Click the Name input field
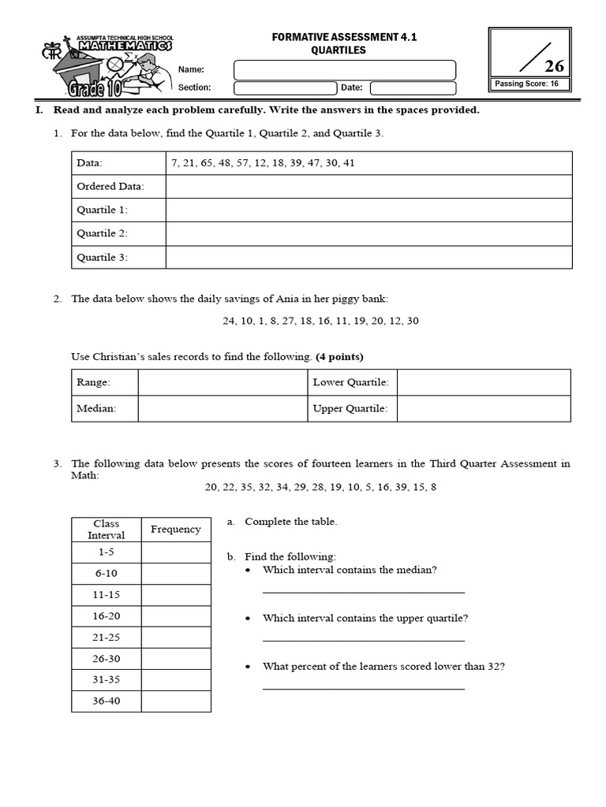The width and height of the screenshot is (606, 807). pos(345,70)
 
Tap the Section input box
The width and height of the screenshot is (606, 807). pos(285,88)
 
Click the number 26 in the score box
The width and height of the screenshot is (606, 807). pos(554,66)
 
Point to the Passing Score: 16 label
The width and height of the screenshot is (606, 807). pos(526,84)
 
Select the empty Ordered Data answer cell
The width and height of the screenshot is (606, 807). pos(368,187)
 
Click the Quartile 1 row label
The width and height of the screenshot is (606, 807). pos(102,210)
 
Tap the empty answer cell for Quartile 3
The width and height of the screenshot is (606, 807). pos(368,257)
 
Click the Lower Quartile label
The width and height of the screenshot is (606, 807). pos(350,382)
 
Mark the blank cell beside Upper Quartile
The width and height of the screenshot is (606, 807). pos(483,408)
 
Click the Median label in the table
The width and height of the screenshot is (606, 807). pos(96,408)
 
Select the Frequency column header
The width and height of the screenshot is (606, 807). pos(176,530)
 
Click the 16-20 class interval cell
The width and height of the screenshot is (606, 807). pos(107,616)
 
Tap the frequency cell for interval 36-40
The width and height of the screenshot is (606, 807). pos(176,701)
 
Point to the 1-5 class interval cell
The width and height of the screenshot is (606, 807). pos(107,552)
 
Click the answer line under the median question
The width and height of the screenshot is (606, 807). pos(363,591)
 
